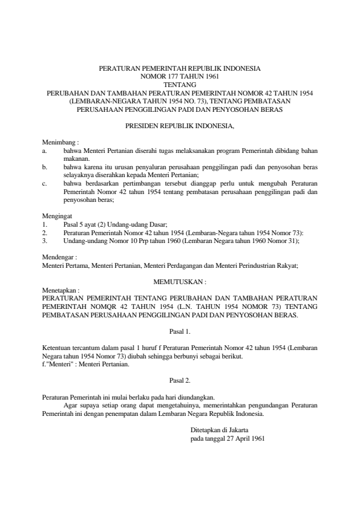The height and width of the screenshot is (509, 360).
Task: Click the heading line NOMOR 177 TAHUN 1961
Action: pos(180,77)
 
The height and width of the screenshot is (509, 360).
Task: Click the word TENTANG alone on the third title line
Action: pos(180,85)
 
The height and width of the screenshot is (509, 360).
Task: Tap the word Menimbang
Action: pos(58,141)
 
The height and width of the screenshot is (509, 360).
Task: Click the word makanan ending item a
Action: pos(76,157)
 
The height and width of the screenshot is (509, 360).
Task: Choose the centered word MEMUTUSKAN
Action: pos(179,281)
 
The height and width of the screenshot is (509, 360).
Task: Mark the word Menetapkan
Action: pos(59,290)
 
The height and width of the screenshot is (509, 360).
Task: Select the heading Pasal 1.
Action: pos(180,331)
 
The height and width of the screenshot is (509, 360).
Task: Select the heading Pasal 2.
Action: pos(180,381)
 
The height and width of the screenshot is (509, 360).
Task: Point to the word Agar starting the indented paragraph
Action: pos(71,406)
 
